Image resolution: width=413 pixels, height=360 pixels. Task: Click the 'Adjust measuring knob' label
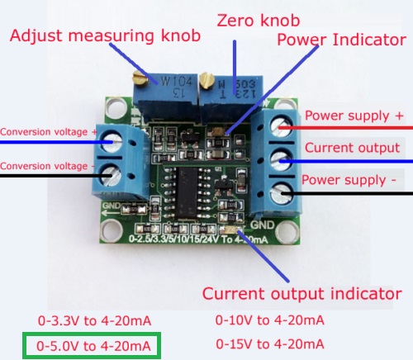107,36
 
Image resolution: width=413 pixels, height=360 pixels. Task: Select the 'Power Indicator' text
341,39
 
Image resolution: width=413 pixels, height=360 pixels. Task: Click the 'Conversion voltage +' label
47,131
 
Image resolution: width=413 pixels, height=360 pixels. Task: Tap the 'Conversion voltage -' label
45,165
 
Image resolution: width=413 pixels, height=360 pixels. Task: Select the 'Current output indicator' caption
302,294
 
